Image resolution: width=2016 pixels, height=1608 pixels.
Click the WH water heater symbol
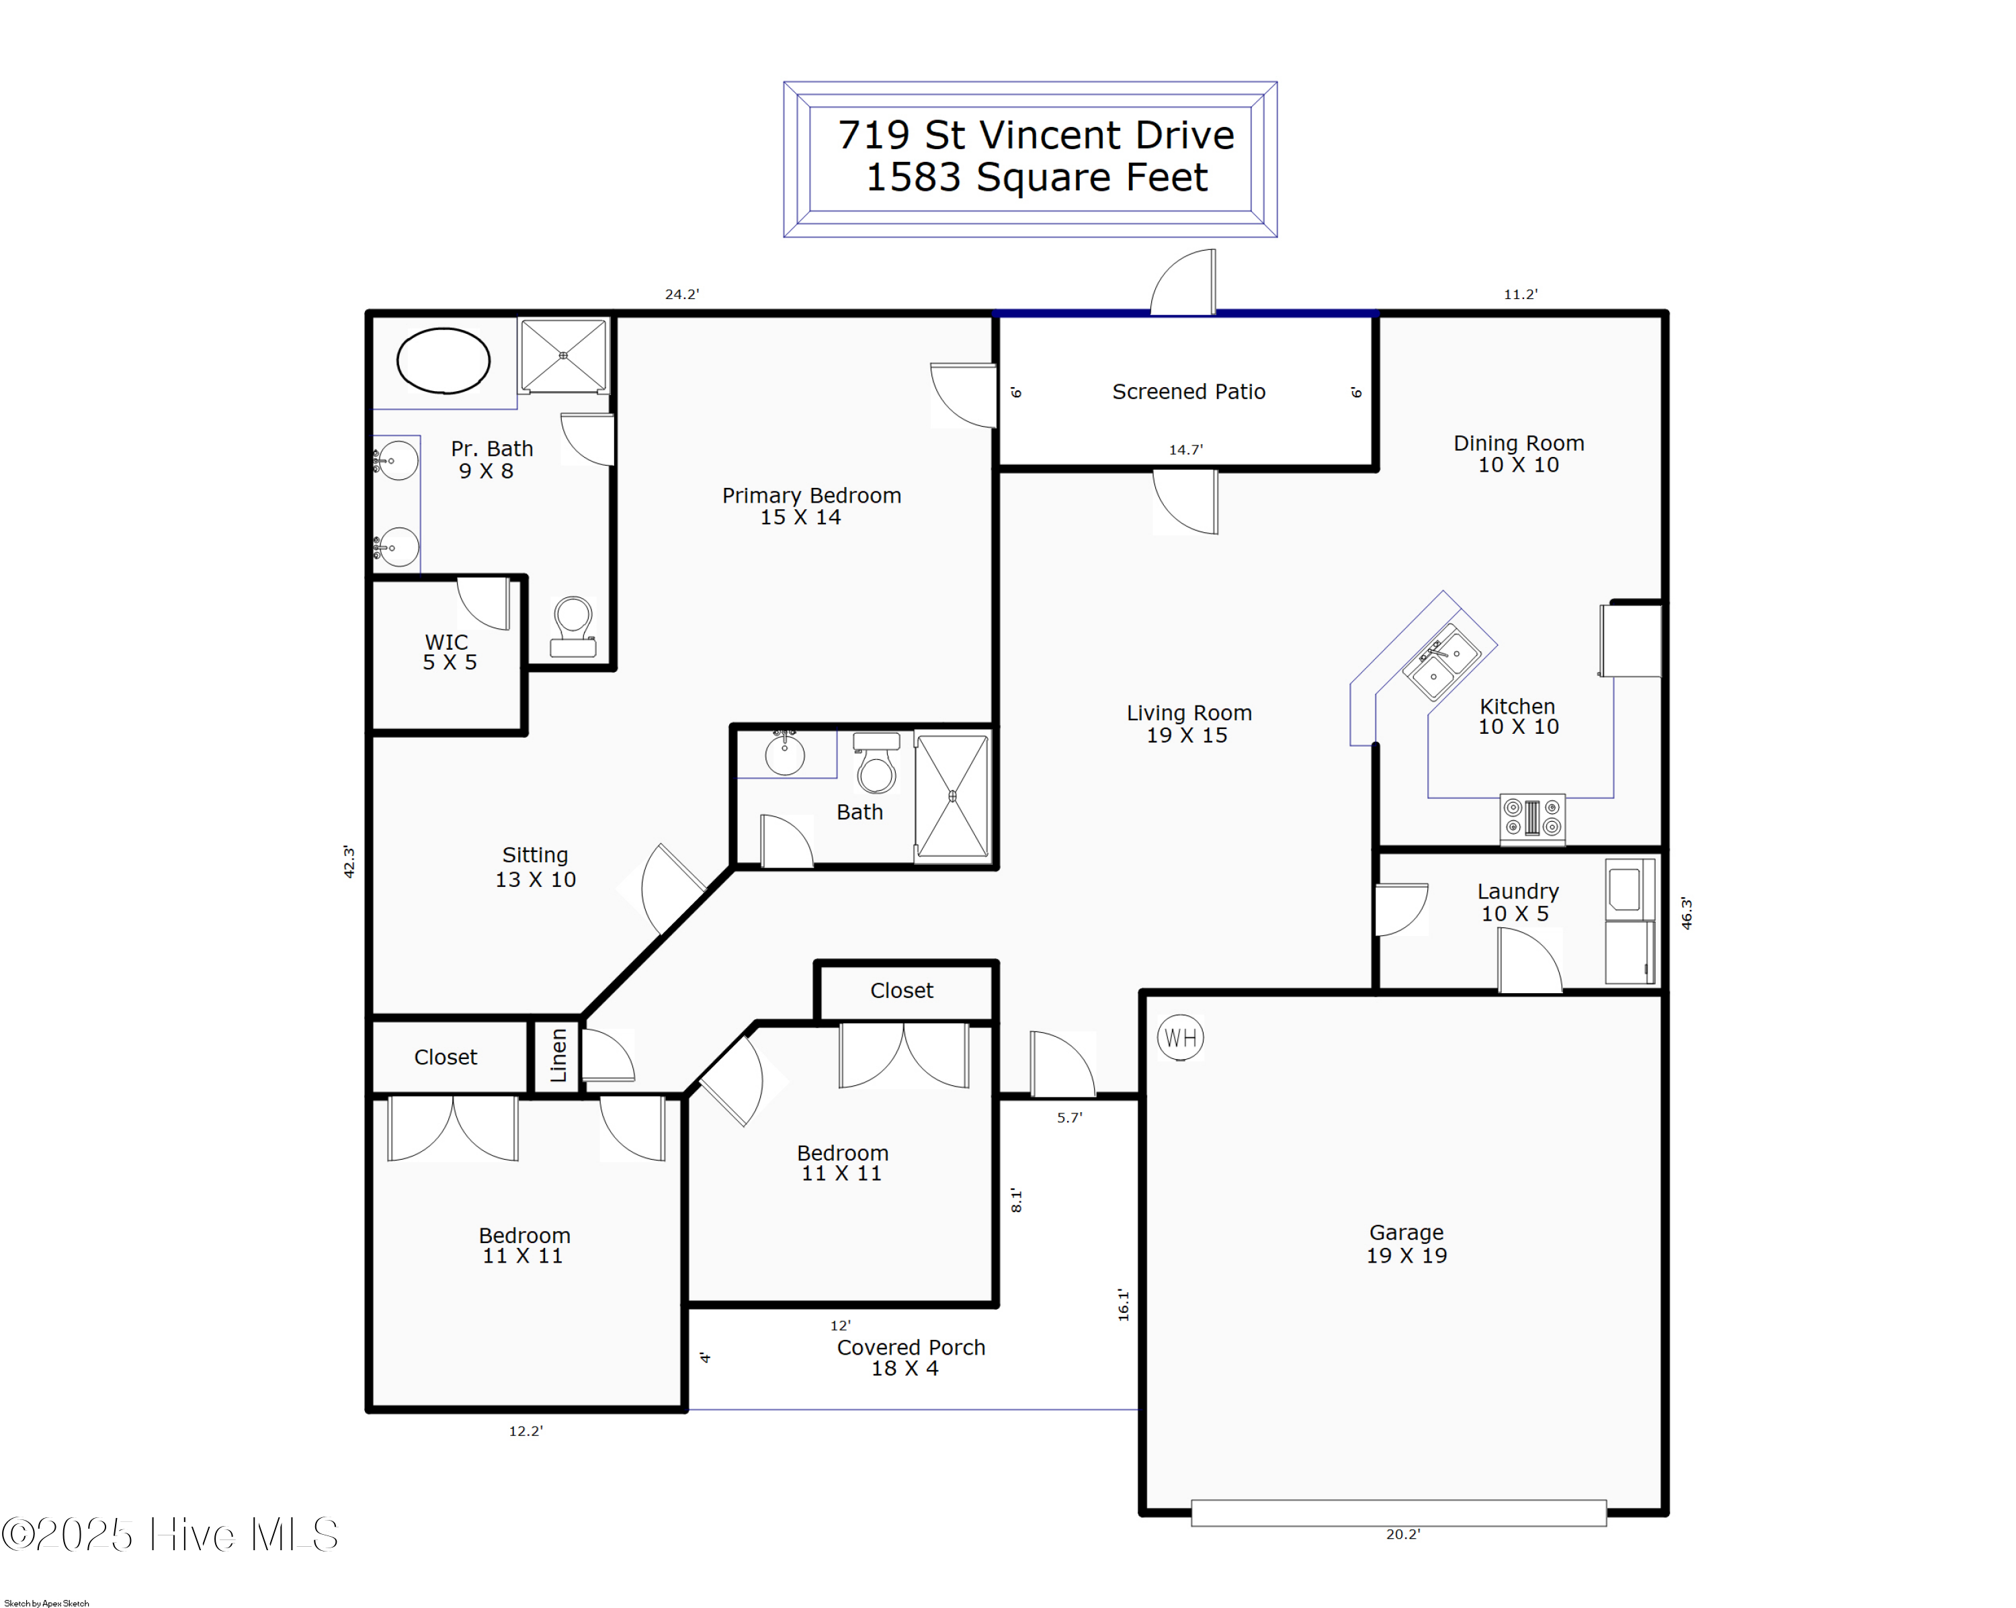(x=1180, y=1038)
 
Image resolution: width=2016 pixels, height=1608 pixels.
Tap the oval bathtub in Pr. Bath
(x=444, y=361)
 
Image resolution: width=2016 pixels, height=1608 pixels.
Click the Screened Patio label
(x=1189, y=392)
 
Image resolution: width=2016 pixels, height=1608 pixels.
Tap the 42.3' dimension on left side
(x=349, y=861)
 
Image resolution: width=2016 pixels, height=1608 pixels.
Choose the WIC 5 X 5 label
(x=449, y=652)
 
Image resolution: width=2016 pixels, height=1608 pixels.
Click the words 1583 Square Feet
(x=1036, y=177)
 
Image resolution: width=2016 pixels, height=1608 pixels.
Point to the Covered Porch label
(x=911, y=1357)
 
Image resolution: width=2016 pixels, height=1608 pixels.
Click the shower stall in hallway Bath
(x=952, y=796)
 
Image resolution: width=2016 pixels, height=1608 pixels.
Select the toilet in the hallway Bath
(x=876, y=764)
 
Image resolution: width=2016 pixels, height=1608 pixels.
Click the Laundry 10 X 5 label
(x=1517, y=902)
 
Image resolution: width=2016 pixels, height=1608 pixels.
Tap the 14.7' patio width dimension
(x=1185, y=450)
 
